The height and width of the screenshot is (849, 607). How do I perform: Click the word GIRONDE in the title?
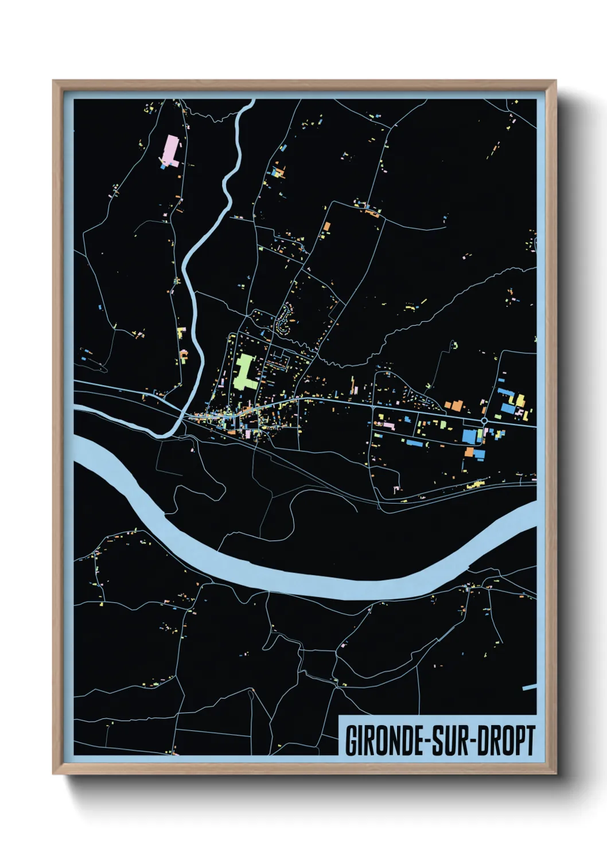(384, 741)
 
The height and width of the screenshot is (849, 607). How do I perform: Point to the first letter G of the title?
(351, 741)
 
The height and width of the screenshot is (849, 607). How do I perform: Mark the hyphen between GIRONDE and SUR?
(427, 742)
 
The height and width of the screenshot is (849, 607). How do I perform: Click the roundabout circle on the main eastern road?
(485, 421)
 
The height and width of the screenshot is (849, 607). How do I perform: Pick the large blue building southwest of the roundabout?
(469, 436)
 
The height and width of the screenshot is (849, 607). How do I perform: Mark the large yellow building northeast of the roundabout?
(521, 399)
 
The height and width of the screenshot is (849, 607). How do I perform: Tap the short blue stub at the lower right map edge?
(529, 687)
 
